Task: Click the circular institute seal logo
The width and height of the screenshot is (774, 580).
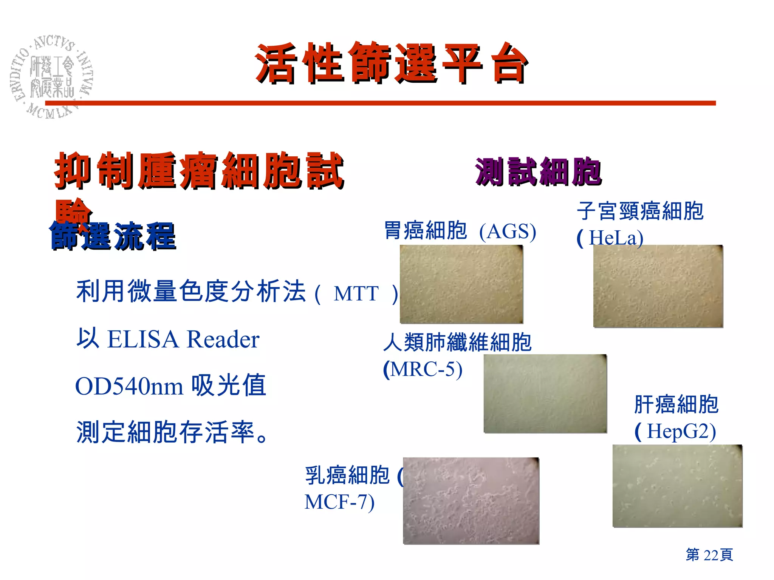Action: point(52,77)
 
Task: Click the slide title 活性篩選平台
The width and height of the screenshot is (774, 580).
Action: point(391,63)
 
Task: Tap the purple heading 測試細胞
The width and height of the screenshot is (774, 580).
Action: point(538,172)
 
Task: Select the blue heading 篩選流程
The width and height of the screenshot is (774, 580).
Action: point(113,236)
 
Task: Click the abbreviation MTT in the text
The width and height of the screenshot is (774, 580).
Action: point(356,293)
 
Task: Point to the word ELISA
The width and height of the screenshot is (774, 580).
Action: point(143,339)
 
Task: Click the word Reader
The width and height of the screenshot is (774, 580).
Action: point(223,339)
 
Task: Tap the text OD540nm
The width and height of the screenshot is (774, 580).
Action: point(129,386)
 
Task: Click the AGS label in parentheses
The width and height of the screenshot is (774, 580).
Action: point(508,231)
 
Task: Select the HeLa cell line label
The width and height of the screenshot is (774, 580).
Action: point(616,238)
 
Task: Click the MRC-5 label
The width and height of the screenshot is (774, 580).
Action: point(425,369)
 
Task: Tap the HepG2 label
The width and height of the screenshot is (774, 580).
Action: point(680,431)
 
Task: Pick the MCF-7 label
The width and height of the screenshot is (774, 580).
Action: point(339,502)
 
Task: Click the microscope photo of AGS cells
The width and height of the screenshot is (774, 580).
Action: point(461,284)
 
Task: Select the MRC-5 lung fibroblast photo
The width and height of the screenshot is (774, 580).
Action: point(545,393)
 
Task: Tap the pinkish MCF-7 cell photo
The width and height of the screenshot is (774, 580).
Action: point(471,501)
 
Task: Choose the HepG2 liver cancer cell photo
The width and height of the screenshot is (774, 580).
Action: point(677,486)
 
